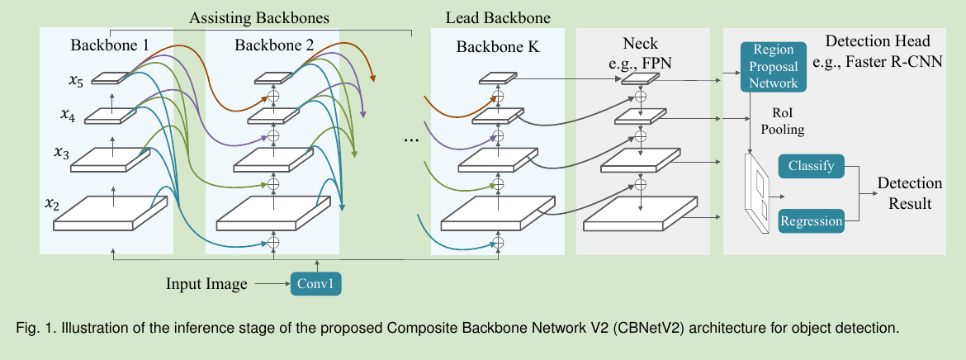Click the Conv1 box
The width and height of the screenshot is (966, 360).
pos(315,284)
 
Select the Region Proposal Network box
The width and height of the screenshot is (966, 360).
pos(774,67)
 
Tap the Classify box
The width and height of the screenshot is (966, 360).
pos(811,166)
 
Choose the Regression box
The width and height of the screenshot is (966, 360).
pos(812,220)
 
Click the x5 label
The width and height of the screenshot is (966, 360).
pos(75,80)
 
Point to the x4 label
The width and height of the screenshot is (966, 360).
pos(67,117)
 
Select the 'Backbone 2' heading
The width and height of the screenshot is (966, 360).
pos(273,45)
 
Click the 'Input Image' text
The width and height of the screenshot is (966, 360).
pos(206,285)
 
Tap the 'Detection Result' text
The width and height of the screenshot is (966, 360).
pos(910,193)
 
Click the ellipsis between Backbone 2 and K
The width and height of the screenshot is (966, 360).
pos(410,141)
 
